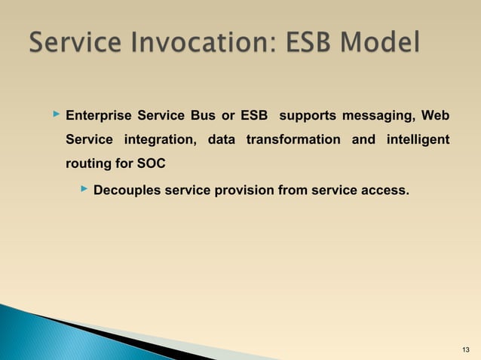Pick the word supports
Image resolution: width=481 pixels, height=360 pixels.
coord(308,116)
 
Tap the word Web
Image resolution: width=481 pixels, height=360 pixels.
coord(435,116)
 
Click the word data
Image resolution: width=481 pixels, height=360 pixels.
coord(221,140)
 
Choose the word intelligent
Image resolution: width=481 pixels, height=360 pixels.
coord(418,140)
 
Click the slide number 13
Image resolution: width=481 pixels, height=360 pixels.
coord(464,348)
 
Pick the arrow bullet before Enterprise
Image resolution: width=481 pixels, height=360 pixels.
coord(55,115)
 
